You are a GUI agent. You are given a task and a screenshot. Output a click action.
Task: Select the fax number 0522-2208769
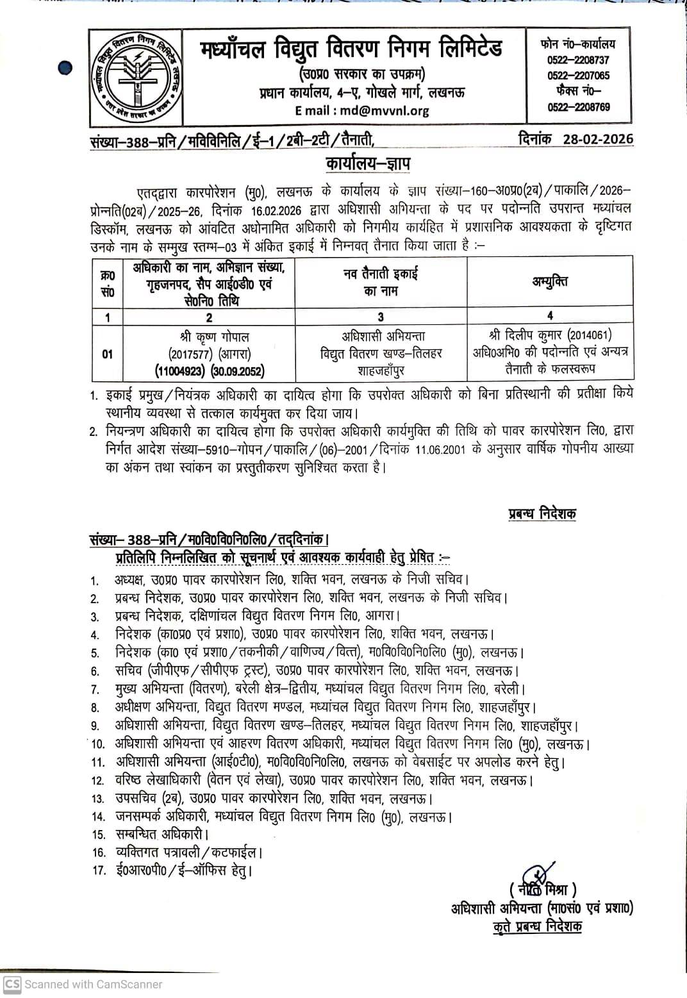point(578,107)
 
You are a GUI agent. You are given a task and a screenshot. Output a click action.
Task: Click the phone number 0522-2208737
point(578,60)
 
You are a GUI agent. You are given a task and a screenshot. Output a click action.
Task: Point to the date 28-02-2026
point(598,139)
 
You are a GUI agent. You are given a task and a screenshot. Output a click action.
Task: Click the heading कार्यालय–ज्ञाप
point(368,164)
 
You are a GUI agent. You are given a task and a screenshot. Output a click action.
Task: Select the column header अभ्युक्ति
point(549,281)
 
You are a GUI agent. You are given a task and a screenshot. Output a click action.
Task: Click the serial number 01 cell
point(107,353)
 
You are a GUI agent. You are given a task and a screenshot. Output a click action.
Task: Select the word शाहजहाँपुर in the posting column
point(381,370)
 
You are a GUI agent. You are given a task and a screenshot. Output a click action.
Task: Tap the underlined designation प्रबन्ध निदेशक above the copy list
point(542,513)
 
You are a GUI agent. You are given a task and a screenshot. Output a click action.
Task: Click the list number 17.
point(98,871)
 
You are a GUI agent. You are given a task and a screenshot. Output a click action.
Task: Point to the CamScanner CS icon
point(12,984)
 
